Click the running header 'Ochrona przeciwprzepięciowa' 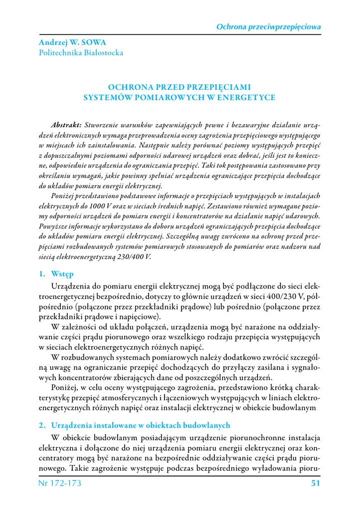[x=268, y=26]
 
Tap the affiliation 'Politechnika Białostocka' [x=81, y=52]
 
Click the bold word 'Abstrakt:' [x=66, y=124]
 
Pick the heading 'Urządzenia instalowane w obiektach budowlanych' [x=141, y=426]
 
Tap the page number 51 [x=315, y=483]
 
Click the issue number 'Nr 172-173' [x=60, y=483]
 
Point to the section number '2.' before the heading [x=42, y=426]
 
